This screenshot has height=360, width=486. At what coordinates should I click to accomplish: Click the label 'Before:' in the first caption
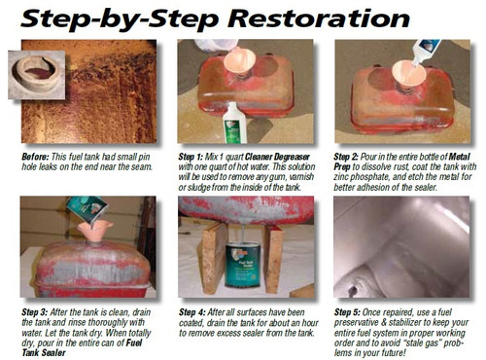click(x=38, y=155)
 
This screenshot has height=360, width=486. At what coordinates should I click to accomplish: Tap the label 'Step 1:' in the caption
click(x=194, y=155)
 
